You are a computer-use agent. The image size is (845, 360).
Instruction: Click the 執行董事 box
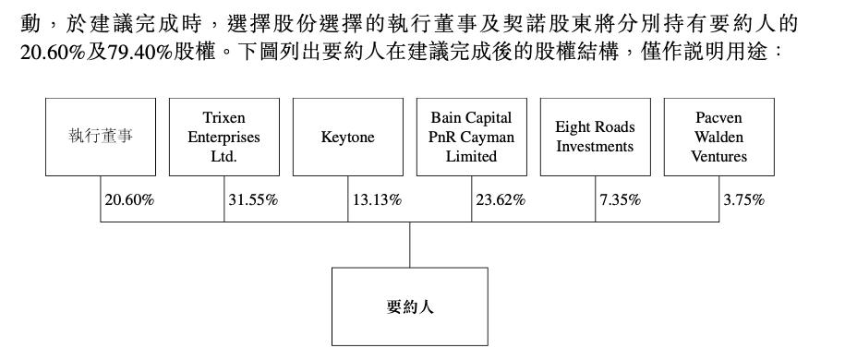click(101, 137)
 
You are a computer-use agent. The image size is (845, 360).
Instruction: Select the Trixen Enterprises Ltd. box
click(224, 137)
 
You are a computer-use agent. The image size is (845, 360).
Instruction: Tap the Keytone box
click(348, 137)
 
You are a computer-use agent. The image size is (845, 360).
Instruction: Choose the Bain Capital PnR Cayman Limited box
click(472, 137)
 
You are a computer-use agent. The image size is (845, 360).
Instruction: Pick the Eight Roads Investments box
click(596, 137)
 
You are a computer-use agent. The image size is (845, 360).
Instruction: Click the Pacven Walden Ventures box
click(719, 137)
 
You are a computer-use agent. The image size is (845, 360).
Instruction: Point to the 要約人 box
click(410, 306)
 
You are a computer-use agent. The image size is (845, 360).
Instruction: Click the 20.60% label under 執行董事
click(129, 199)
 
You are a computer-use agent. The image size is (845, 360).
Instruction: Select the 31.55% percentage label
click(253, 199)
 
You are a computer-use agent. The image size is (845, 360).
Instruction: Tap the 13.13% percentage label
click(377, 199)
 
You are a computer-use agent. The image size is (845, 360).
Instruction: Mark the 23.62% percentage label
click(501, 199)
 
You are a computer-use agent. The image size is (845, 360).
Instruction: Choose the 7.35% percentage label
click(620, 199)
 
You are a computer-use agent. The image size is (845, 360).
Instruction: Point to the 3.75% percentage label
click(743, 199)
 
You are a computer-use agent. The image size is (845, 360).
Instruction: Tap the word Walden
click(718, 138)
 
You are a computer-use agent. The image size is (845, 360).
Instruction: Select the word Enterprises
click(224, 138)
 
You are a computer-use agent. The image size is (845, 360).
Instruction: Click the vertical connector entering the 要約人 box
click(410, 245)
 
